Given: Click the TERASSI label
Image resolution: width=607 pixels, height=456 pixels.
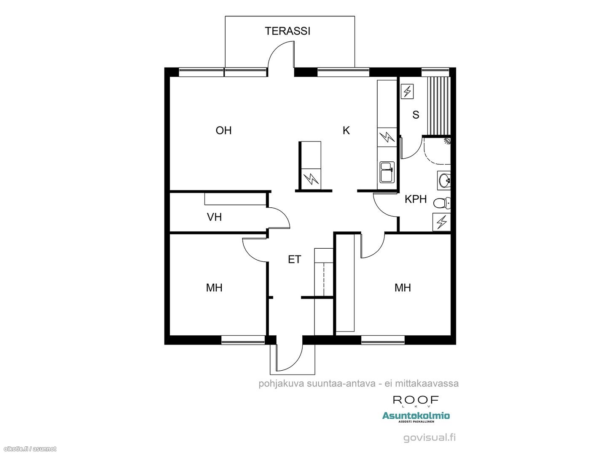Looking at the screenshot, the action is coord(287,31).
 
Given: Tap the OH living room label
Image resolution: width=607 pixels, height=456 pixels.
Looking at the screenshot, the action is coord(223,130).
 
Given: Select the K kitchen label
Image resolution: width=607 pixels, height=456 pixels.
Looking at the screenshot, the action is coord(346,130).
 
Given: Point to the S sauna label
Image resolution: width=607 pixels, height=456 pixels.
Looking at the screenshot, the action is coord(416,114).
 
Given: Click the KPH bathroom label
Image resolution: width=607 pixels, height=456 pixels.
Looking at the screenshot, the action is coord(416,199).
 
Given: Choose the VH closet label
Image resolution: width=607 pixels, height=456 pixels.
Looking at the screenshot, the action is coord(214,217).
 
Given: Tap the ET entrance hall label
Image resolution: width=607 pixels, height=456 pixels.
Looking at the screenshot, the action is coord(294,259).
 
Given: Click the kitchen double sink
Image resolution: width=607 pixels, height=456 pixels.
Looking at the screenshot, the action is coord(387,173).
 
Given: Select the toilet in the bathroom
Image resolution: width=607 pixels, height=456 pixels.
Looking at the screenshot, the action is coord(442,204).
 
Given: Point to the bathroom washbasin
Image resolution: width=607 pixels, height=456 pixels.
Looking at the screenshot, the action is coord(444,181).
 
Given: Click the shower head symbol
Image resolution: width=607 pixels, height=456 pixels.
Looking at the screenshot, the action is coord(447,141).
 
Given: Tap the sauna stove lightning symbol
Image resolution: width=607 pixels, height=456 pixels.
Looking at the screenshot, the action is coord(407,91).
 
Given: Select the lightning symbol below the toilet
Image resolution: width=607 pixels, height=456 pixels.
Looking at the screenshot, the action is coord(442,222).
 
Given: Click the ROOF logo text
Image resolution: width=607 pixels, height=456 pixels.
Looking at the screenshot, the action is coord(416,399).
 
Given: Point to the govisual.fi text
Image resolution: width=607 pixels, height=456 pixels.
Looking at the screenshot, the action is coord(430,438).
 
